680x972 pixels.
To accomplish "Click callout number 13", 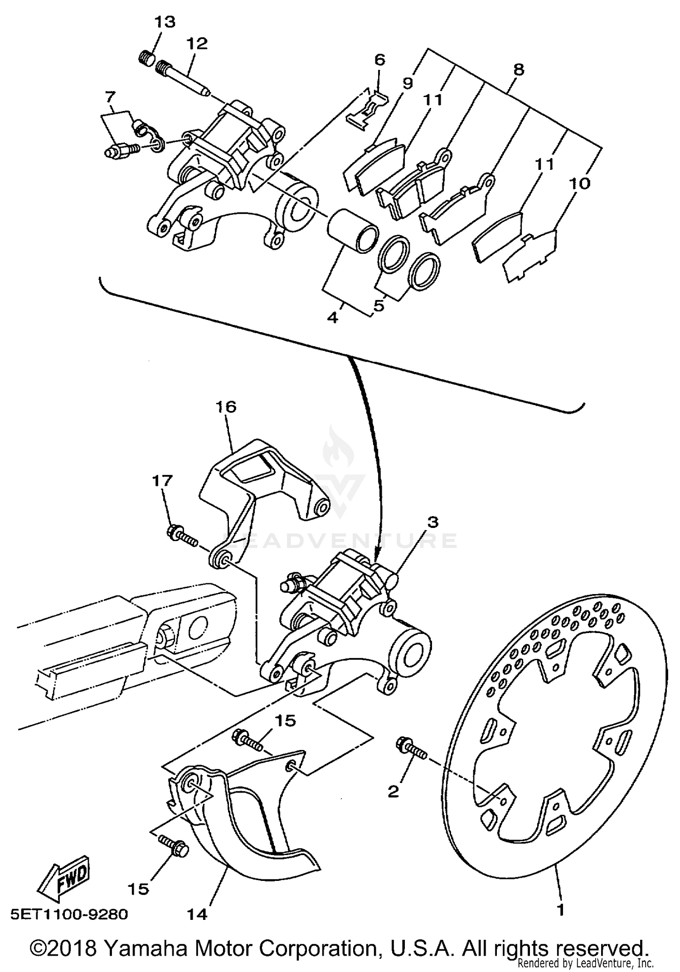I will (x=165, y=22).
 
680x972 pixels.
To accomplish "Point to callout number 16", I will (x=226, y=407).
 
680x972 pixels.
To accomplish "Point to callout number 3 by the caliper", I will (x=433, y=522).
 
